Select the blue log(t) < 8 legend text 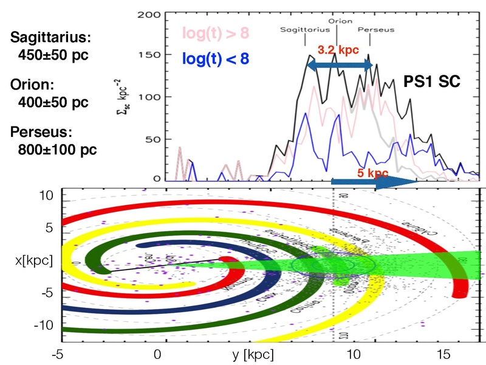tap(217, 59)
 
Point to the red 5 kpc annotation tap(373, 173)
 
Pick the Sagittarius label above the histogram tap(304, 29)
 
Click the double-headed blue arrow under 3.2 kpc tap(339, 65)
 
